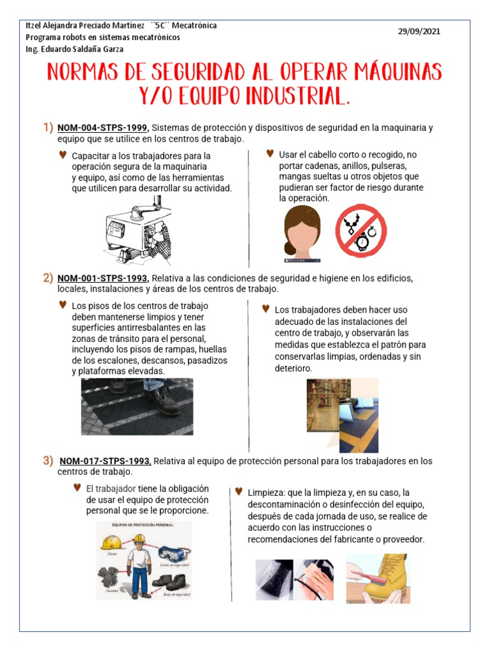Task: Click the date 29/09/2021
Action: click(419, 31)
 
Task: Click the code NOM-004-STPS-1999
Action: click(103, 127)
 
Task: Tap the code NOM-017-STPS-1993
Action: click(105, 461)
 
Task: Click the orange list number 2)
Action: click(48, 277)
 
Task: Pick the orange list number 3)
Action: click(48, 460)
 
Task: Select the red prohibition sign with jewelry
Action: click(361, 231)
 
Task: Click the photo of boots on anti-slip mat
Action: click(137, 406)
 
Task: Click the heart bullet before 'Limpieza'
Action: click(239, 491)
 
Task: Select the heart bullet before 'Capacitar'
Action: click(62, 154)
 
